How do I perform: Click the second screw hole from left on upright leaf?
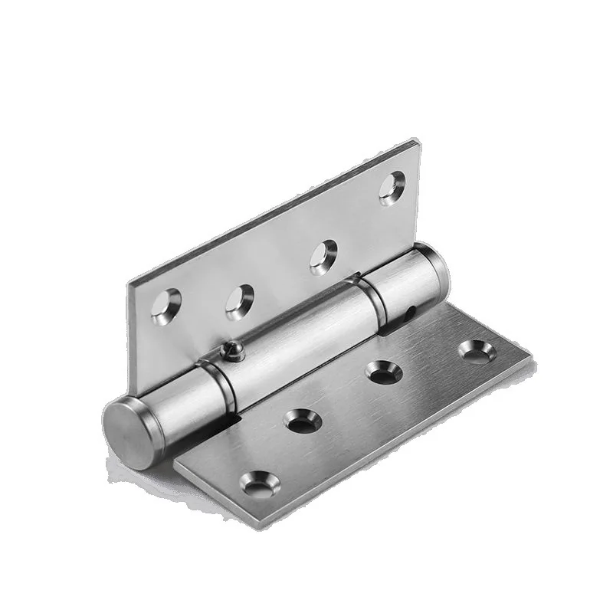(239, 301)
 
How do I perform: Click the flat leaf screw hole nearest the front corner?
(257, 484)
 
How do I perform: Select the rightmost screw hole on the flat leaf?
(477, 351)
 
